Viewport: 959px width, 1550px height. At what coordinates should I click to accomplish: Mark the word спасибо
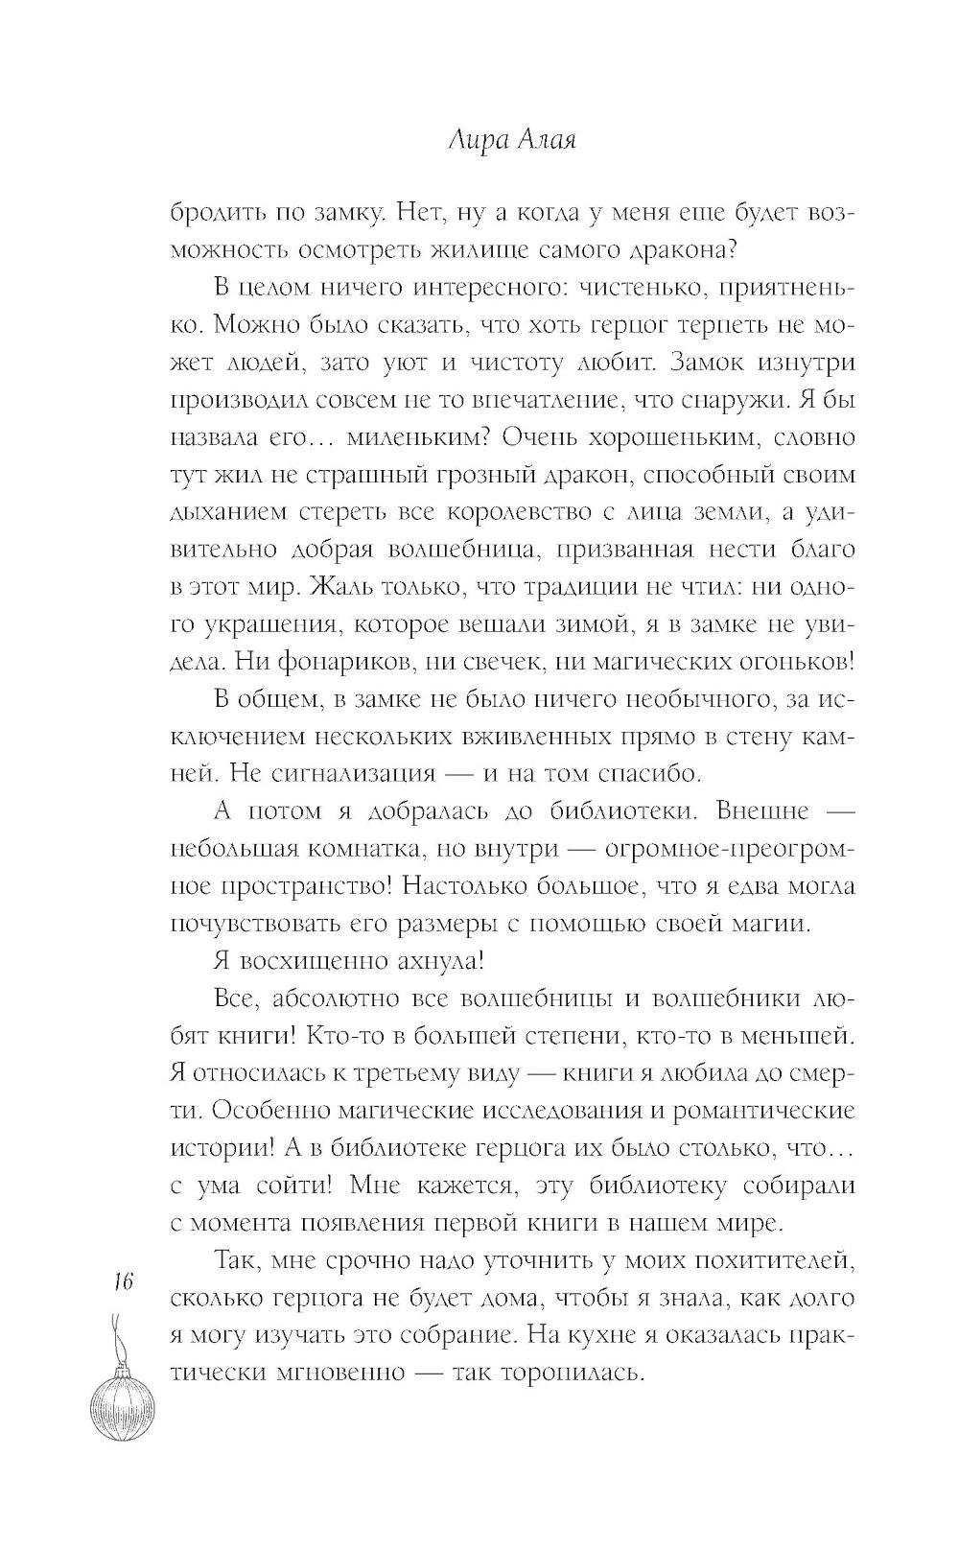click(x=642, y=773)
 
